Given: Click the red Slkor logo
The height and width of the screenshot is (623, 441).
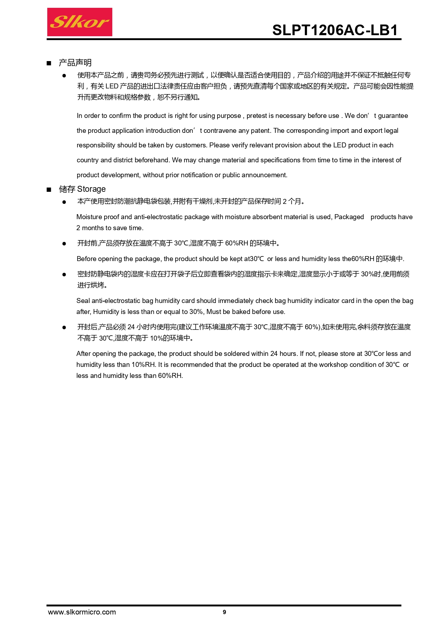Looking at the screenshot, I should tap(80, 22).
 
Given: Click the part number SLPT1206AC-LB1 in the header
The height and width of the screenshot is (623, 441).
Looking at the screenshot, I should tap(335, 31).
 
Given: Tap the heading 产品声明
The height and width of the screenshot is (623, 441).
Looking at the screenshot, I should tap(75, 63).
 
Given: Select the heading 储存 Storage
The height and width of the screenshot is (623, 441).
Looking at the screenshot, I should tap(82, 189).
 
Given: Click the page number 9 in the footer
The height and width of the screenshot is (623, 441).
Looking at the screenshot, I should tap(224, 612).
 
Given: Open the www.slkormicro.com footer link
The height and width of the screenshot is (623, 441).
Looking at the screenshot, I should tap(82, 612).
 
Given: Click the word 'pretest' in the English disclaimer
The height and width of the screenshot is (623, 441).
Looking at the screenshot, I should tap(257, 116).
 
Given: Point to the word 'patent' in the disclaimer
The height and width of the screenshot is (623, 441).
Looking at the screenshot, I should tap(260, 131).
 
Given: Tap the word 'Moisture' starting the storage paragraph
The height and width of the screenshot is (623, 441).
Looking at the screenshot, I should tap(89, 217).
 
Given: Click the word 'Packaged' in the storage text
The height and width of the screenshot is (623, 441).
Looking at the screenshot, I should tap(349, 217).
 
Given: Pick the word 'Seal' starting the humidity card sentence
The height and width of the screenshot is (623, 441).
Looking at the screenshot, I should tap(83, 301).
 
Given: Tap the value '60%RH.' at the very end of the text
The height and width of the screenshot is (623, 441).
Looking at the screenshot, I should tap(171, 376).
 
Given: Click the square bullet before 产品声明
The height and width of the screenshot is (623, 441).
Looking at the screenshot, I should tap(49, 63).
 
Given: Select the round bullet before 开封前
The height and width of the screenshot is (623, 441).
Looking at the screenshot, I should tap(64, 244).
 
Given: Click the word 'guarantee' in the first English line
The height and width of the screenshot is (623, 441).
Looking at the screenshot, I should tap(393, 116).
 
